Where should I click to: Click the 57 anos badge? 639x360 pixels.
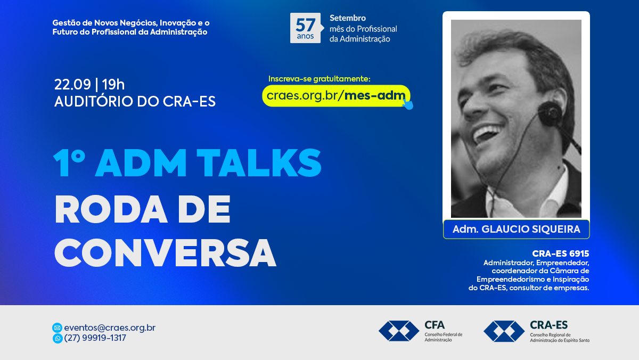click(x=306, y=28)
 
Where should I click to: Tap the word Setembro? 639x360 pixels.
click(x=347, y=18)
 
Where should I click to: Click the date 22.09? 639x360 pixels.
click(x=72, y=84)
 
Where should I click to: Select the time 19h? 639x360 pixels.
click(x=113, y=84)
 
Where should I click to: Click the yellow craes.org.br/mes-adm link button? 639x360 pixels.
click(x=336, y=95)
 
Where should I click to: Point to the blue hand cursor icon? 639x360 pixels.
click(x=408, y=104)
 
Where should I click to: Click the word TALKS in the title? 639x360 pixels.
click(x=259, y=162)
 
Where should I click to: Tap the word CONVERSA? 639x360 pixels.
click(x=165, y=253)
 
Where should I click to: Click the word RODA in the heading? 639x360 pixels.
click(x=111, y=209)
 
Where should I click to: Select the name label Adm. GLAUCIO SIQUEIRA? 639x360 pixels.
click(x=517, y=229)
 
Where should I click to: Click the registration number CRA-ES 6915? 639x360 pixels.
click(x=561, y=253)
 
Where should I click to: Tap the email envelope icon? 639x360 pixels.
click(x=58, y=328)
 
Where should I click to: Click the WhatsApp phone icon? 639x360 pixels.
click(x=58, y=339)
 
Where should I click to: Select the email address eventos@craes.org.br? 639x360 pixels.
click(x=110, y=328)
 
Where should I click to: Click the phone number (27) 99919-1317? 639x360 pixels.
click(x=95, y=338)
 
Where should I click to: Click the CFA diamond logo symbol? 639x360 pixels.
click(x=399, y=331)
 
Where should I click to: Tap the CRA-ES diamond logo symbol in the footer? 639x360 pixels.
click(x=504, y=331)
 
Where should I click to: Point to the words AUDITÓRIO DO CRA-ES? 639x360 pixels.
click(x=135, y=101)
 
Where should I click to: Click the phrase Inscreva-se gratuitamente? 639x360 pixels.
click(x=319, y=79)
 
